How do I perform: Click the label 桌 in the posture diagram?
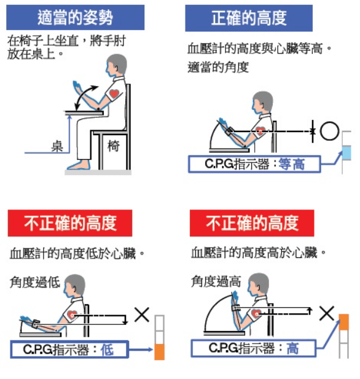tap(57, 145)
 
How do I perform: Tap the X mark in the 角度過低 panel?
tap(142, 315)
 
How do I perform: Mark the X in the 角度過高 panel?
tap(327, 313)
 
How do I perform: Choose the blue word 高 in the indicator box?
tap(292, 348)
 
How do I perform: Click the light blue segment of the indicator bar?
tap(347, 152)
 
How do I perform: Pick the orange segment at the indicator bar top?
tap(344, 321)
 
